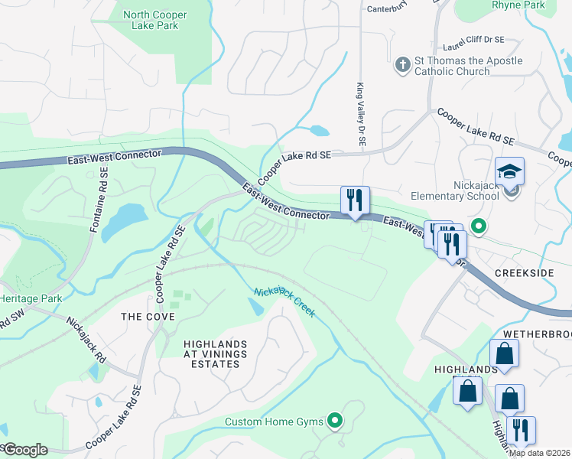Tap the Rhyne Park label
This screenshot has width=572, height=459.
tap(518, 5)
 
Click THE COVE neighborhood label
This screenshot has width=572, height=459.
tap(148, 317)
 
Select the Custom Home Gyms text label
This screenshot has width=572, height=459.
tap(275, 422)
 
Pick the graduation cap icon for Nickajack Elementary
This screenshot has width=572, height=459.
tap(509, 171)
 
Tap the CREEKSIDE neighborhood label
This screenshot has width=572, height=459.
tap(523, 272)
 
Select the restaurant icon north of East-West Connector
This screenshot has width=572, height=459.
tap(355, 200)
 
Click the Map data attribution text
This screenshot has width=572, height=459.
tap(540, 452)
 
